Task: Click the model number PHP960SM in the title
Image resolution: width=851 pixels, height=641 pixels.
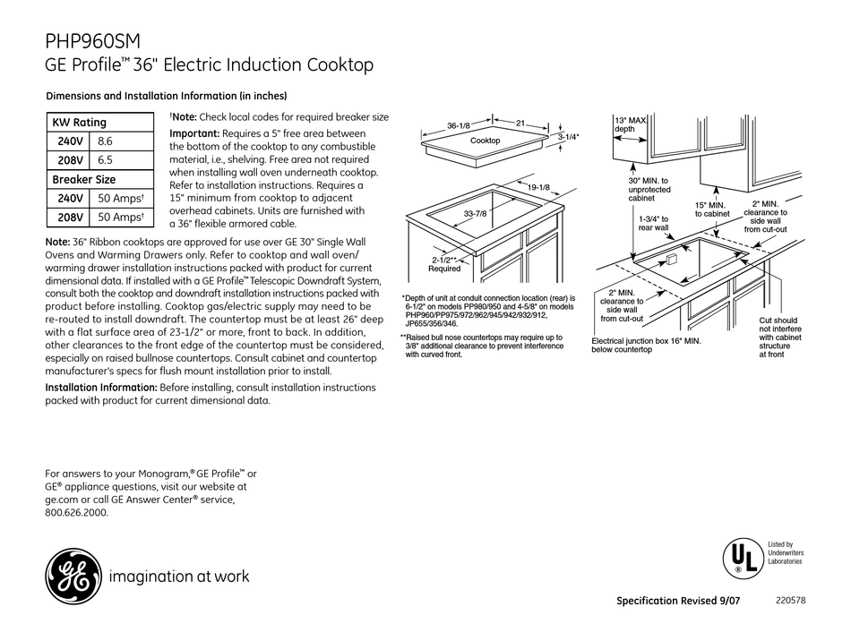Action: coord(91,41)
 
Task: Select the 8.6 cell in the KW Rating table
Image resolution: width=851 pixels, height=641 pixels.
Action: coord(106,141)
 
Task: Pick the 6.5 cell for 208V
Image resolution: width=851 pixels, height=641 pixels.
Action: coord(106,160)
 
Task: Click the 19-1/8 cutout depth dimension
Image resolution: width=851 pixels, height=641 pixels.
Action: coord(539,187)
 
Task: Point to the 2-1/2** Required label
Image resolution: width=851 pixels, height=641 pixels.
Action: coord(444,263)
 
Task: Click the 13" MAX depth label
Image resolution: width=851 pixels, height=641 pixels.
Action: coord(631,124)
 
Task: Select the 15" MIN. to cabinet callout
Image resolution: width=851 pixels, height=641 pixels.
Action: coord(713,209)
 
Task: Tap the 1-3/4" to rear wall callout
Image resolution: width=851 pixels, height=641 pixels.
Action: coord(654,223)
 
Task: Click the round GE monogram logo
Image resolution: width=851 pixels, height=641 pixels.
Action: coord(71,575)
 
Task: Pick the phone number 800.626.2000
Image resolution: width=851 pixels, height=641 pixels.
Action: coord(76,514)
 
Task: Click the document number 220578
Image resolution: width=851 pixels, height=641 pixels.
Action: coord(789,601)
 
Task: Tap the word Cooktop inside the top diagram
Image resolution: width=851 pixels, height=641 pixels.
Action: coord(486,141)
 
